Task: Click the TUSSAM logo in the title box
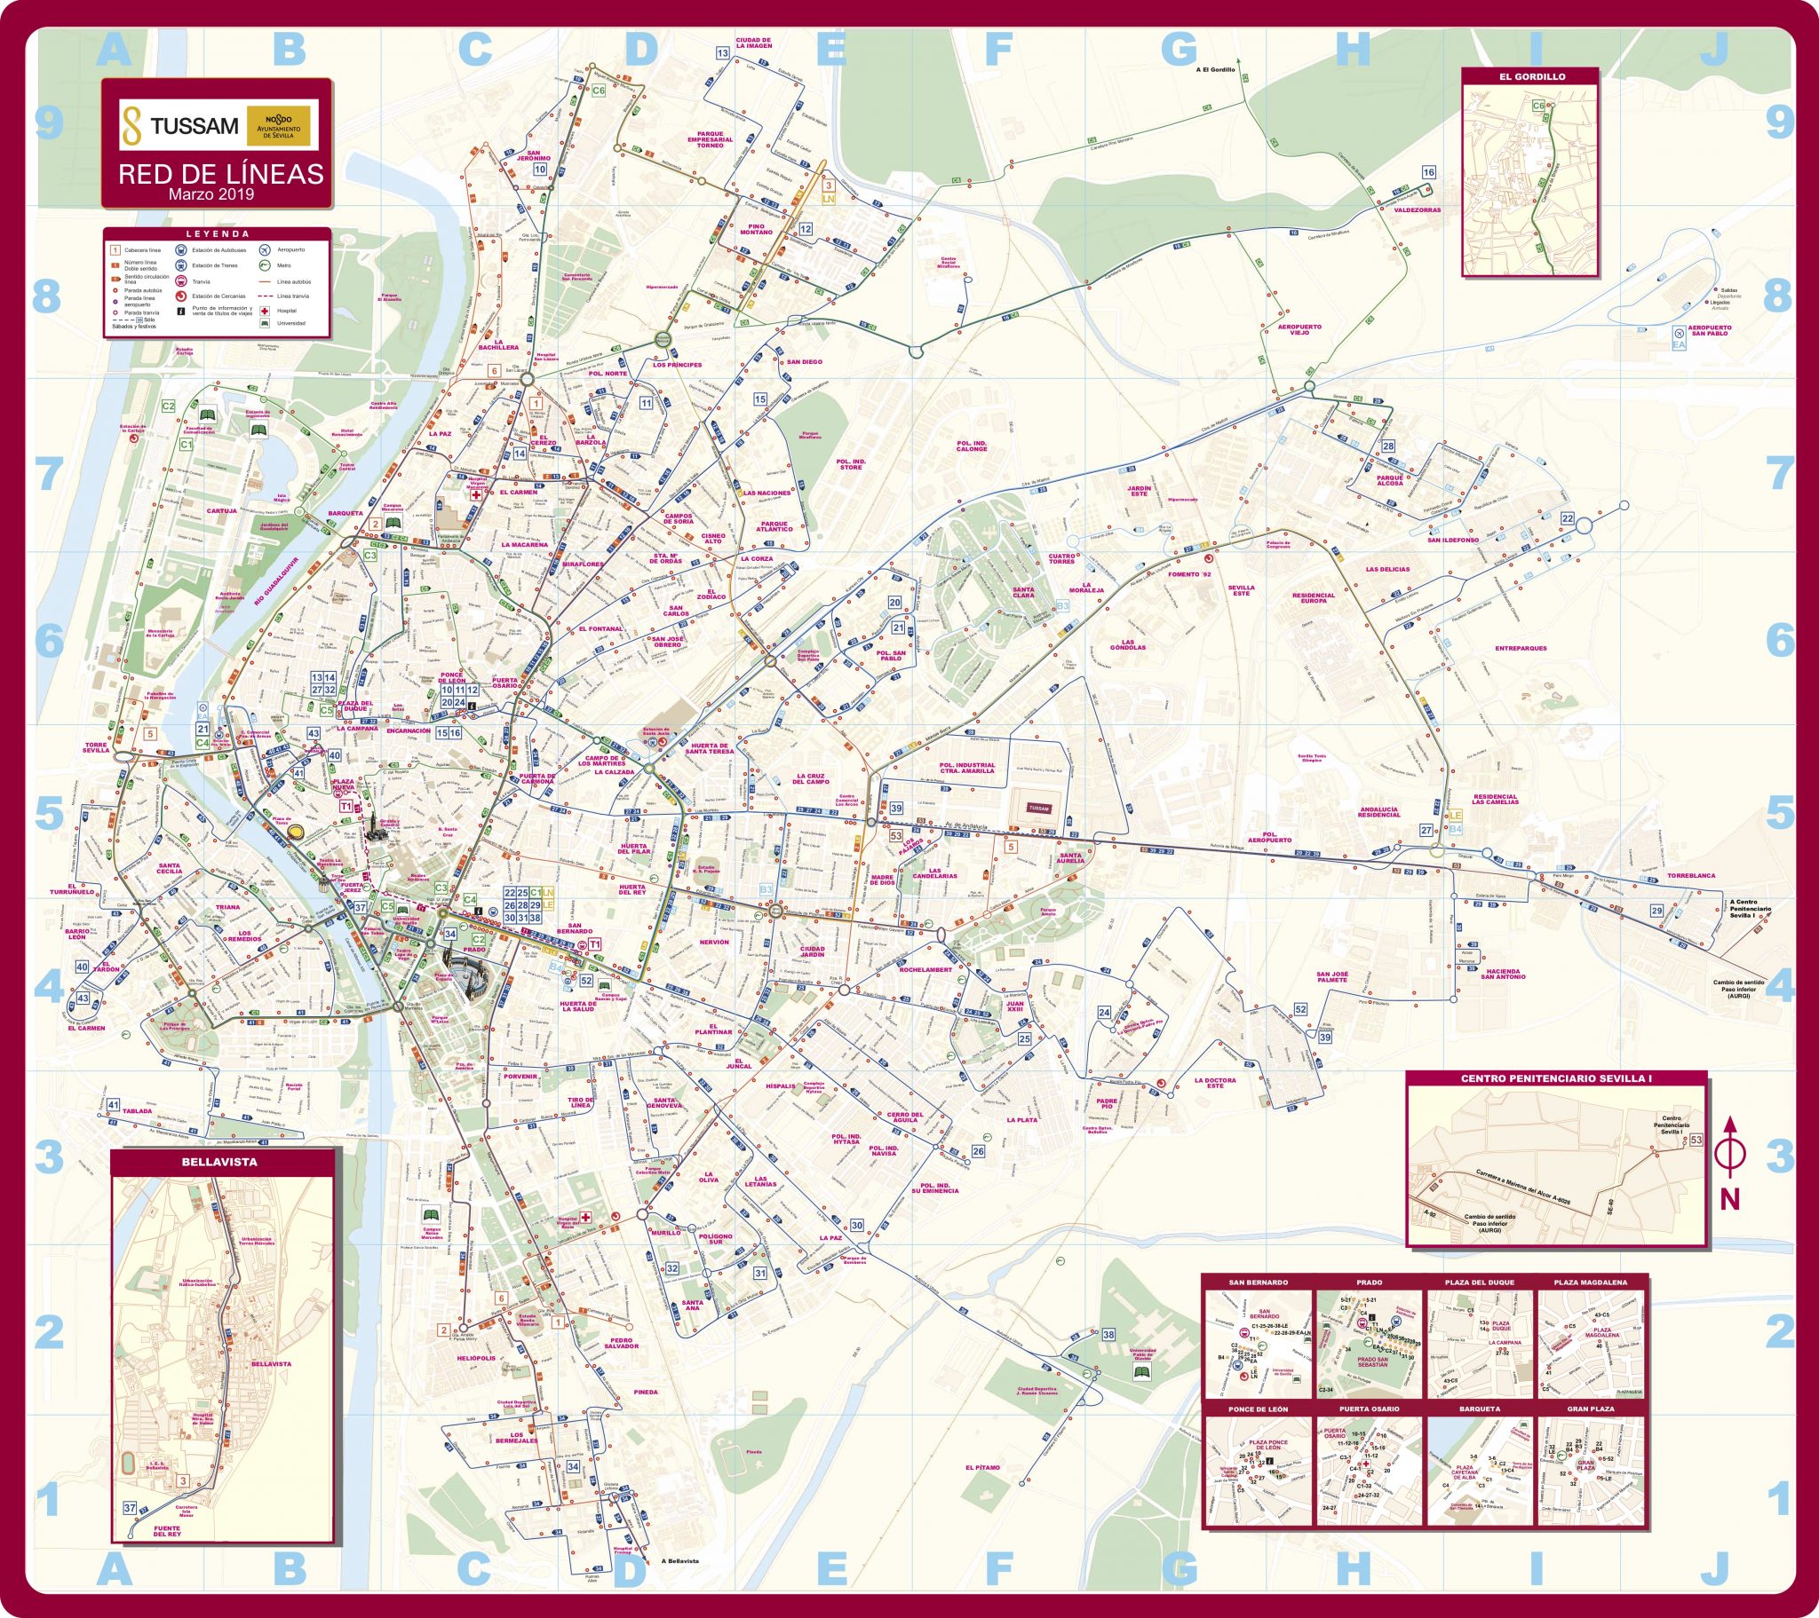coord(182,125)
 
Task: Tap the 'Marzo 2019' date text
coord(211,194)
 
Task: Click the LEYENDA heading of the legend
coord(218,235)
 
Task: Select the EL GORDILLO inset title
coord(1531,76)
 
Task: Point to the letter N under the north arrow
coord(1729,1200)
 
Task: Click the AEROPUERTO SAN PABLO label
coord(1710,330)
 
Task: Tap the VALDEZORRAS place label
coord(1418,211)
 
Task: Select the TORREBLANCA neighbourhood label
coord(1691,875)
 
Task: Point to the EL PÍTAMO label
coord(982,1468)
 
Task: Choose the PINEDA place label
coord(646,1392)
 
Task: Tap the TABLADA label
coord(137,1111)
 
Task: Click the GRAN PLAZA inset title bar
coord(1590,1409)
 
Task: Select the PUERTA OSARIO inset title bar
coord(1369,1409)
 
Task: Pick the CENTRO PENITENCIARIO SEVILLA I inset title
coord(1555,1079)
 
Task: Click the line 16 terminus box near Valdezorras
coord(1428,172)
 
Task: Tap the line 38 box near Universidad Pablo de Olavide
coord(1108,1334)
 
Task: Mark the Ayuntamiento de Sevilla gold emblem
coord(278,125)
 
